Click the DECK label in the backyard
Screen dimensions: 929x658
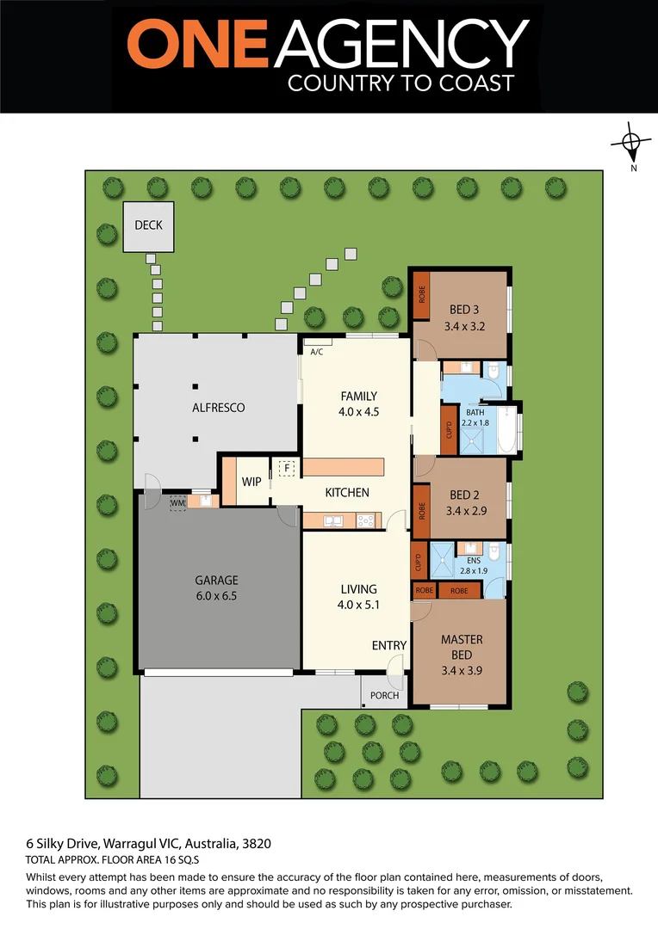[148, 225]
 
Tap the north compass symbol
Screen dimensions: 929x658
[631, 143]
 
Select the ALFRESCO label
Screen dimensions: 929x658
[218, 408]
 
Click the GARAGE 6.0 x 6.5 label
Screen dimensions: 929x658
[216, 588]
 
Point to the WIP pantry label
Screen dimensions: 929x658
[251, 482]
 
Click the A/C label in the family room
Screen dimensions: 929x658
[315, 352]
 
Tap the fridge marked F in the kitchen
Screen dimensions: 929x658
[288, 468]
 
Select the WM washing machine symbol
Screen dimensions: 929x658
[178, 502]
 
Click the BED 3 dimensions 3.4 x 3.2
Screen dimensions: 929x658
[463, 327]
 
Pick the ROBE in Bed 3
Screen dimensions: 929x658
[422, 295]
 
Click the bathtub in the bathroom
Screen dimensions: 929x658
[507, 429]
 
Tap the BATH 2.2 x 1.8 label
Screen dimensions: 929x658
[475, 417]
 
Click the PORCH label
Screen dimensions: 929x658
[384, 695]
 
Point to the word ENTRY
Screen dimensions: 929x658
[389, 646]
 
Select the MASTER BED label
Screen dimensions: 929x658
[462, 647]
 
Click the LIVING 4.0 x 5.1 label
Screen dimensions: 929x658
[358, 596]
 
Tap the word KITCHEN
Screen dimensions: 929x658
[347, 493]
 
